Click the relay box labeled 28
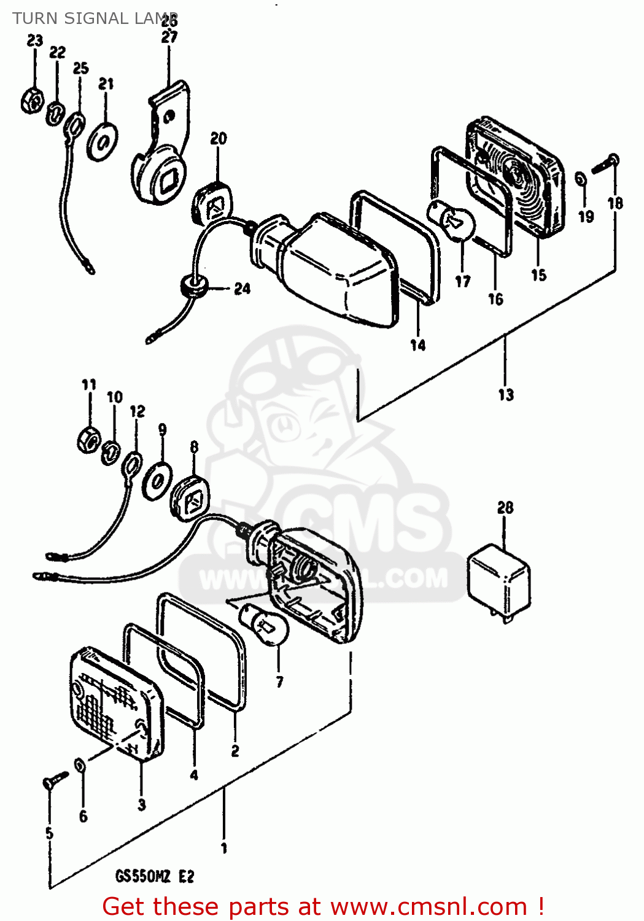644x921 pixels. tap(499, 580)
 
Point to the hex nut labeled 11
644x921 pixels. tap(88, 438)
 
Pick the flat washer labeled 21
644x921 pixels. tap(103, 141)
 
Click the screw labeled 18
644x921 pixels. tap(606, 164)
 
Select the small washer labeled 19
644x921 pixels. tap(580, 179)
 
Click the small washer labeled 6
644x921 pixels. tap(80, 766)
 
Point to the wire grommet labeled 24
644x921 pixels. tap(194, 286)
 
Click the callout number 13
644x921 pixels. tap(506, 394)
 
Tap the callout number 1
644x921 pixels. tap(224, 848)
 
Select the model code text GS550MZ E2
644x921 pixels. tap(155, 876)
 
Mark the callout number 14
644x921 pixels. tap(418, 345)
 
